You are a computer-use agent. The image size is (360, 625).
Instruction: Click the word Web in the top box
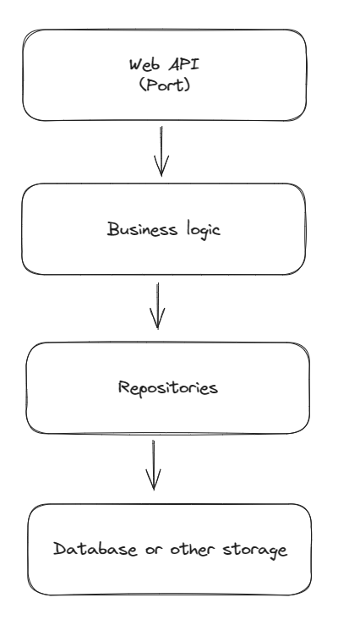[x=145, y=64]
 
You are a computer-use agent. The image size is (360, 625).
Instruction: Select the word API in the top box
[x=183, y=64]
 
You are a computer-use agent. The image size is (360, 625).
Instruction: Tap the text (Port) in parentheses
[x=165, y=85]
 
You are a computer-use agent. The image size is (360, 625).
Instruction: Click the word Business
[x=142, y=229]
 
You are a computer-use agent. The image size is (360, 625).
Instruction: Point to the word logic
[x=203, y=230]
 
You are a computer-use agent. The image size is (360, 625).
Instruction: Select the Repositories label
[x=168, y=387]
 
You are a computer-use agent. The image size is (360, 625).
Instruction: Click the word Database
[x=95, y=549]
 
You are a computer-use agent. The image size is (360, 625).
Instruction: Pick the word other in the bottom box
[x=192, y=549]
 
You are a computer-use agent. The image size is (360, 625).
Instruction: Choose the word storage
[x=254, y=551]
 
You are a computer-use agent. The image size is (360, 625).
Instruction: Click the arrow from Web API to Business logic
[x=161, y=151]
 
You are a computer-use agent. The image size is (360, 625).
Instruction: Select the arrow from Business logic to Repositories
[x=158, y=306]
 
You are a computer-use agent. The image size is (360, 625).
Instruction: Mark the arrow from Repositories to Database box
[x=153, y=465]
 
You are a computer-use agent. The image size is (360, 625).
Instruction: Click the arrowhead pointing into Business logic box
[x=161, y=167]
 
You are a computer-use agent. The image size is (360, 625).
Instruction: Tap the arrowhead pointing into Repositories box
[x=158, y=320]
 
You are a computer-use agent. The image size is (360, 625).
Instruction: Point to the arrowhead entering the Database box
[x=153, y=480]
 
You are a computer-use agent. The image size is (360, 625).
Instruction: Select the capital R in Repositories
[x=124, y=387]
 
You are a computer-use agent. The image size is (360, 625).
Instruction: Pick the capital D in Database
[x=60, y=549]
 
